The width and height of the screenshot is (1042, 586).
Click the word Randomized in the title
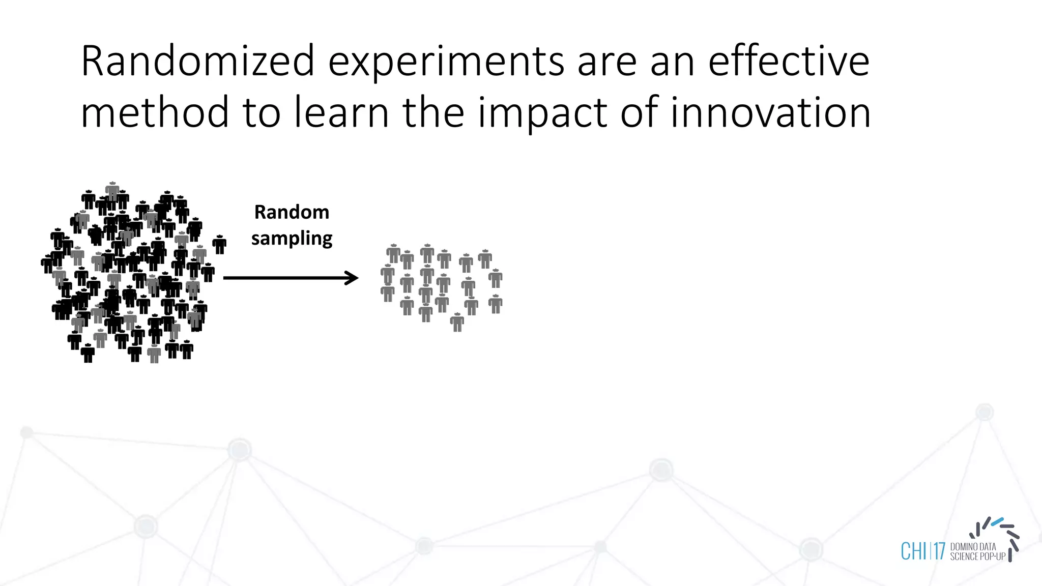click(x=197, y=61)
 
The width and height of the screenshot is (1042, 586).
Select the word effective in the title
click(x=789, y=61)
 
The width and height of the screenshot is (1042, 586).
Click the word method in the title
click(x=155, y=113)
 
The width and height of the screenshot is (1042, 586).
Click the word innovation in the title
click(x=770, y=113)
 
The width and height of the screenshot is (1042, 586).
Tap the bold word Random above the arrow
click(x=292, y=212)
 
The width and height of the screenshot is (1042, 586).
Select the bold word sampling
click(x=292, y=239)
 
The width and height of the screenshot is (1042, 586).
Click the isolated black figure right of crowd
click(x=219, y=245)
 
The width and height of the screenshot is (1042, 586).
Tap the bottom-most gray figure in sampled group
click(x=457, y=322)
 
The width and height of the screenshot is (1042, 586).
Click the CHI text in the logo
click(x=913, y=551)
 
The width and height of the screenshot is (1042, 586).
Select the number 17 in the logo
click(x=939, y=551)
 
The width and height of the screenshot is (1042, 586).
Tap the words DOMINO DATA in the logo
click(x=973, y=546)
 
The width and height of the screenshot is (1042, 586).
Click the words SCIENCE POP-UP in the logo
click(x=977, y=556)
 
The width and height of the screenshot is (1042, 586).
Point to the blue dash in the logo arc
click(x=997, y=522)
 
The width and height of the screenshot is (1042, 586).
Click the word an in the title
click(x=673, y=61)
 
